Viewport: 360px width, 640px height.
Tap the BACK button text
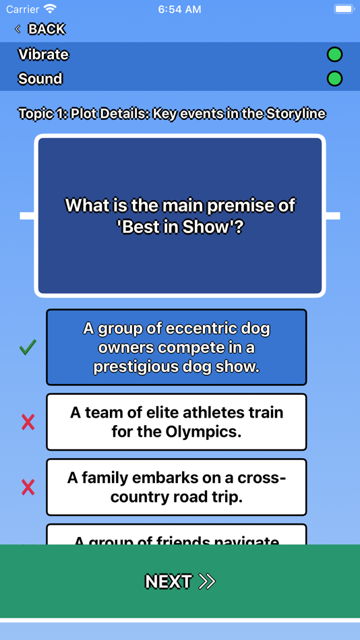(x=47, y=29)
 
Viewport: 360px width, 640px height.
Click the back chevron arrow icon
(x=18, y=29)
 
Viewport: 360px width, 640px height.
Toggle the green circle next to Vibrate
(x=334, y=55)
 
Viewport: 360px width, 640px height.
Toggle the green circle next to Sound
(x=334, y=79)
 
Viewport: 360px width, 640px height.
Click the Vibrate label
(x=43, y=55)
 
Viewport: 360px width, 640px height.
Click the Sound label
(x=40, y=79)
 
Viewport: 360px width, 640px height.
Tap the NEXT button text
(x=169, y=581)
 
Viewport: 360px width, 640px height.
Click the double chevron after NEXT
(x=207, y=581)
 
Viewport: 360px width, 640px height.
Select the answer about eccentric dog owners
(x=176, y=348)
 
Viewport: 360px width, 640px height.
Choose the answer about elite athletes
(x=176, y=422)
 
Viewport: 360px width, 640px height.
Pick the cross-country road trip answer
(x=176, y=487)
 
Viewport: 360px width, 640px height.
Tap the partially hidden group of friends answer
(x=176, y=536)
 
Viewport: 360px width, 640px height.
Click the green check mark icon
(x=28, y=348)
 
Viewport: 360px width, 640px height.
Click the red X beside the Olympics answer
(x=28, y=422)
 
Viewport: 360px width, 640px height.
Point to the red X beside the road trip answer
(x=28, y=487)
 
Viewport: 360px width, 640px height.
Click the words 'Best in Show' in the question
(x=174, y=227)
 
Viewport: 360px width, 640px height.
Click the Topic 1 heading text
(x=172, y=114)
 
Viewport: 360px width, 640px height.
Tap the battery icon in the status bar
(x=344, y=9)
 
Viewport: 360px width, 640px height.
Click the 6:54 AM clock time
(x=179, y=9)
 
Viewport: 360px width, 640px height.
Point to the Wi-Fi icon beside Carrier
(x=51, y=9)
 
